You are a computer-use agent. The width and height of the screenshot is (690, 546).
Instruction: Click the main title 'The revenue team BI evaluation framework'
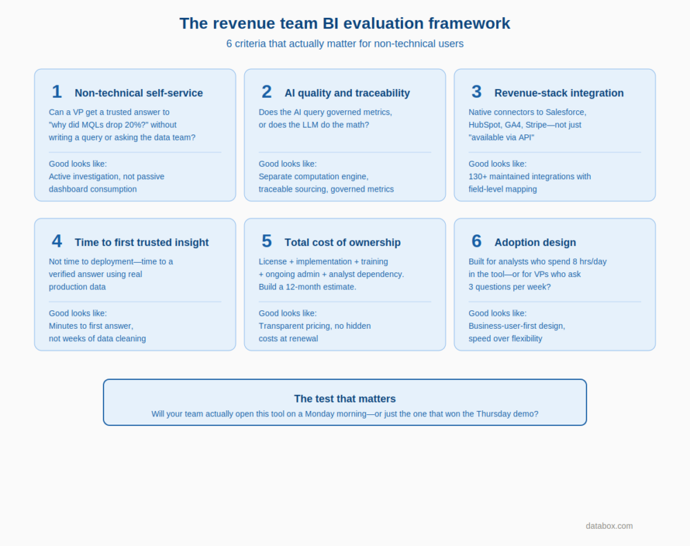click(345, 23)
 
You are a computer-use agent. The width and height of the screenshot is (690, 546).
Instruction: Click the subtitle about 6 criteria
click(345, 43)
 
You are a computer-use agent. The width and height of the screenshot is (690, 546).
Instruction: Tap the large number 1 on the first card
click(57, 92)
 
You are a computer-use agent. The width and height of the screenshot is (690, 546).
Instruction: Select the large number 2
click(266, 92)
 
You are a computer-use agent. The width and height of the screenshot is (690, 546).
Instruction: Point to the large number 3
click(476, 92)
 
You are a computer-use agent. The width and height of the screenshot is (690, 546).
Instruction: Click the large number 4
click(57, 241)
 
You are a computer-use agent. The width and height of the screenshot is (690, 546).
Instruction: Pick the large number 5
click(266, 241)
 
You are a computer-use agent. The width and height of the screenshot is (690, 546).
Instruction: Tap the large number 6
click(476, 241)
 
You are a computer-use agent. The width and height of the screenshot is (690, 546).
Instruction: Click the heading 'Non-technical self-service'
click(139, 93)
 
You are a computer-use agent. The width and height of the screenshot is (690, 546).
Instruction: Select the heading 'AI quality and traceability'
click(347, 93)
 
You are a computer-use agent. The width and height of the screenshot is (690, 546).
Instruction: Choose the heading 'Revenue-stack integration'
click(559, 93)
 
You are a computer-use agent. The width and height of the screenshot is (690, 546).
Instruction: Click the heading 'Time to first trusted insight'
click(141, 243)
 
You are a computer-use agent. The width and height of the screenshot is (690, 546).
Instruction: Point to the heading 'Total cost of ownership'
click(342, 243)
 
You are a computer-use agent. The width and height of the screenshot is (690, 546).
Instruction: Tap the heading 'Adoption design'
click(535, 243)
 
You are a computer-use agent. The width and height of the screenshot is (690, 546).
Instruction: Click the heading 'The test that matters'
click(345, 398)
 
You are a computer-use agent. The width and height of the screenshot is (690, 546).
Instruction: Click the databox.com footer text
click(609, 526)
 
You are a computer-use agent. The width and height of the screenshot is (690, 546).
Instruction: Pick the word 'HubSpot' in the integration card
click(485, 125)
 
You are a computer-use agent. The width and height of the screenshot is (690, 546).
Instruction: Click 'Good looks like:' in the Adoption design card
click(497, 314)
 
